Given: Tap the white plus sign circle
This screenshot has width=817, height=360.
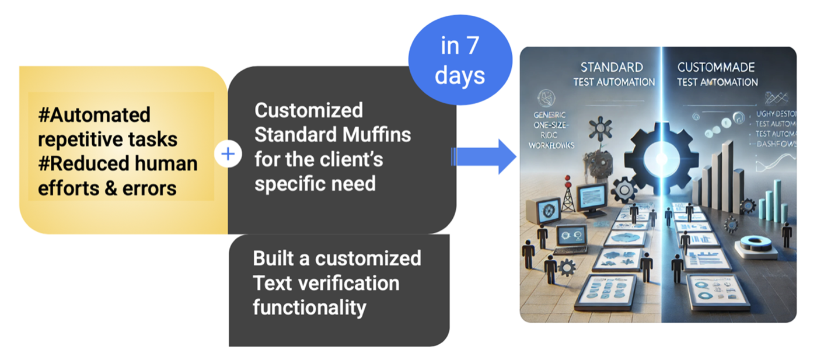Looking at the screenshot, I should pyautogui.click(x=228, y=154).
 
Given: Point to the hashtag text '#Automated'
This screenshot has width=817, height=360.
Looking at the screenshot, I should pyautogui.click(x=94, y=114).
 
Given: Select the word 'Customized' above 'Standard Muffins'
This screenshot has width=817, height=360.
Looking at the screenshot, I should pyautogui.click(x=309, y=110).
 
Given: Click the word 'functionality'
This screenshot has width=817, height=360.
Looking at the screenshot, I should pyautogui.click(x=309, y=307).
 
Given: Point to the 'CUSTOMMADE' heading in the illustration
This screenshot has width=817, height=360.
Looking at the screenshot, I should pyautogui.click(x=717, y=67).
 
